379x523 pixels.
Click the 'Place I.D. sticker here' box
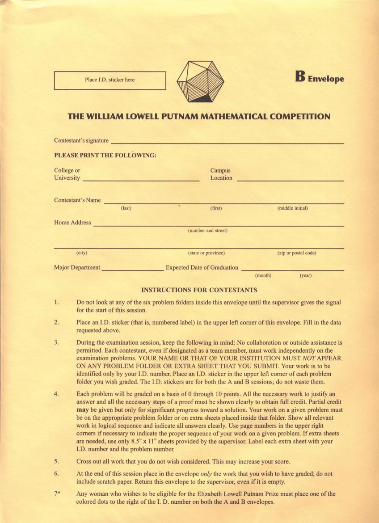[109, 80]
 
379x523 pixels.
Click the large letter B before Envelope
[300, 77]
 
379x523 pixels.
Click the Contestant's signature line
[227, 143]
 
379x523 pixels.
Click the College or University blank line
[141, 181]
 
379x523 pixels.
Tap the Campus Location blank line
[290, 181]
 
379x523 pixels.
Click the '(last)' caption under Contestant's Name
[126, 208]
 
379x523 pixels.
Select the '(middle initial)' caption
[292, 208]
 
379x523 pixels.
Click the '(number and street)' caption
[208, 231]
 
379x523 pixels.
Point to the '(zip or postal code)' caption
[297, 253]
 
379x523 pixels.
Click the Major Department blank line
[133, 270]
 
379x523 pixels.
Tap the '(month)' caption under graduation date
[263, 275]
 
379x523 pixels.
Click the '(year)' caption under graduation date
[306, 275]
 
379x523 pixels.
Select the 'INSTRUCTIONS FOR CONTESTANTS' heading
[199, 290]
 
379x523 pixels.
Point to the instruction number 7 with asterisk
[57, 494]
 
